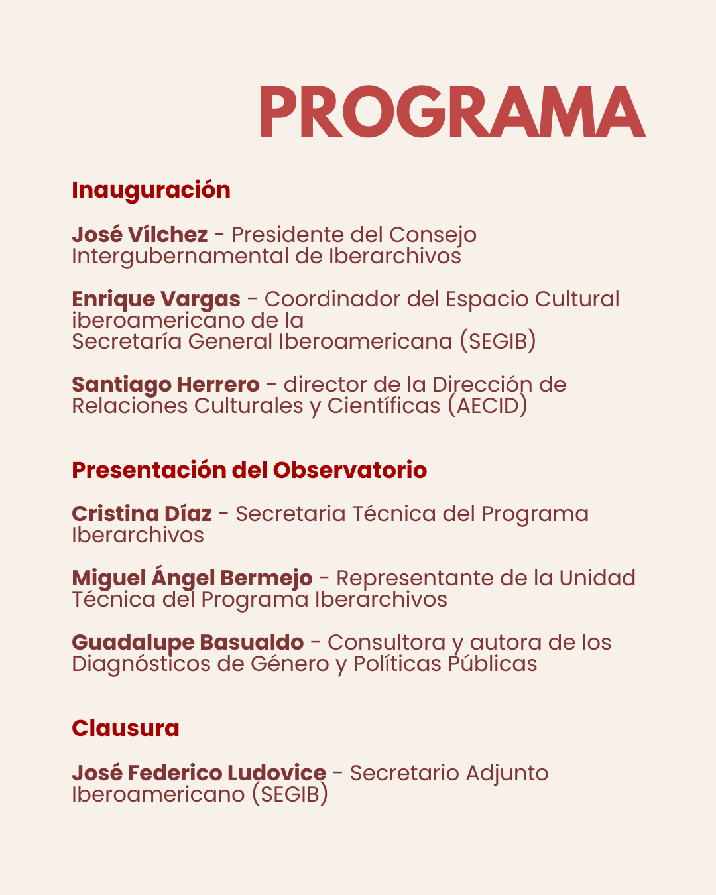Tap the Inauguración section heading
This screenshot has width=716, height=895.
tap(151, 190)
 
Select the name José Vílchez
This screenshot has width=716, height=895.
tap(140, 235)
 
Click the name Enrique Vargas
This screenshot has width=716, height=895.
tap(156, 299)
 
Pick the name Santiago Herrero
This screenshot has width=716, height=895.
tap(166, 385)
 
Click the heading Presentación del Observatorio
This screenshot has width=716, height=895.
tap(249, 470)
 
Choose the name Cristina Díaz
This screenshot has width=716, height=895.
tap(142, 514)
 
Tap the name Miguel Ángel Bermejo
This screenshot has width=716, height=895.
tap(192, 578)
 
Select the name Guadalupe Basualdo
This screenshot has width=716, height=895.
tap(188, 642)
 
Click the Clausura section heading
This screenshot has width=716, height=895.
tap(125, 728)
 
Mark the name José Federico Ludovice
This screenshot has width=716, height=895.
tap(199, 773)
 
